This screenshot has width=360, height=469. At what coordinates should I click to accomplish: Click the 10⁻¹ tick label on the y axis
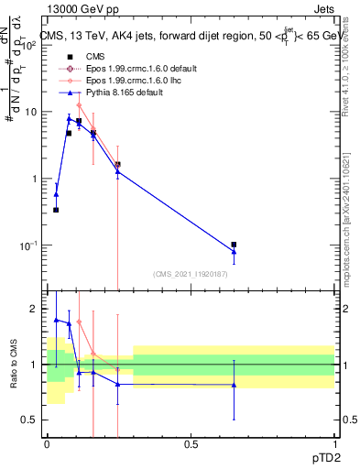[29, 245]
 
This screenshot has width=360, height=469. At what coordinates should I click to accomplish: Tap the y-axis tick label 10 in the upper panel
[32, 112]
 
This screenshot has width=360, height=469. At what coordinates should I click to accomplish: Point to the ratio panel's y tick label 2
[37, 309]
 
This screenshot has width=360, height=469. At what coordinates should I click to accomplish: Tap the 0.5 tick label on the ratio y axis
[32, 420]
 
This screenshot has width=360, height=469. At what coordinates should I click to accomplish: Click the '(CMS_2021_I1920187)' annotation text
[190, 274]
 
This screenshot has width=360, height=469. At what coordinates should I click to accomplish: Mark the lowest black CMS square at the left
[56, 210]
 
